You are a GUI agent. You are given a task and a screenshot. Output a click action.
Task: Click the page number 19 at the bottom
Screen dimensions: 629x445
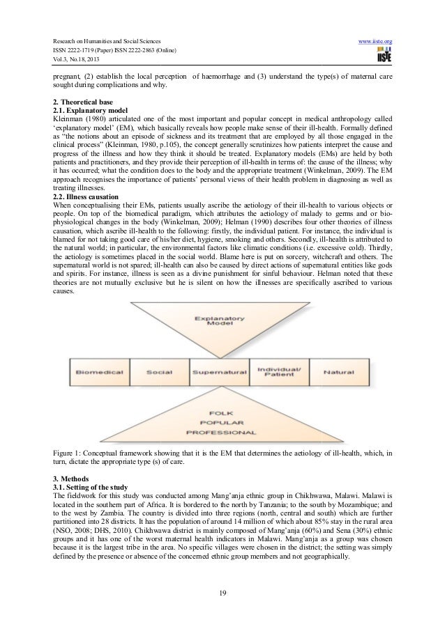coord(222,593)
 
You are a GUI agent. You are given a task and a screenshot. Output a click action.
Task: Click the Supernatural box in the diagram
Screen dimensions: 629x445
coord(220,372)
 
